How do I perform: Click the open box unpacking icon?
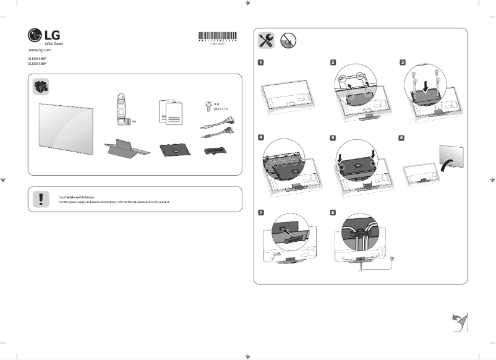[41, 86]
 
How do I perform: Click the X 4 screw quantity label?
[217, 105]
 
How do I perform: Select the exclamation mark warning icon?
[41, 198]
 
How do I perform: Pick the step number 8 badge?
[333, 212]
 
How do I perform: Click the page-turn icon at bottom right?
[458, 322]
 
